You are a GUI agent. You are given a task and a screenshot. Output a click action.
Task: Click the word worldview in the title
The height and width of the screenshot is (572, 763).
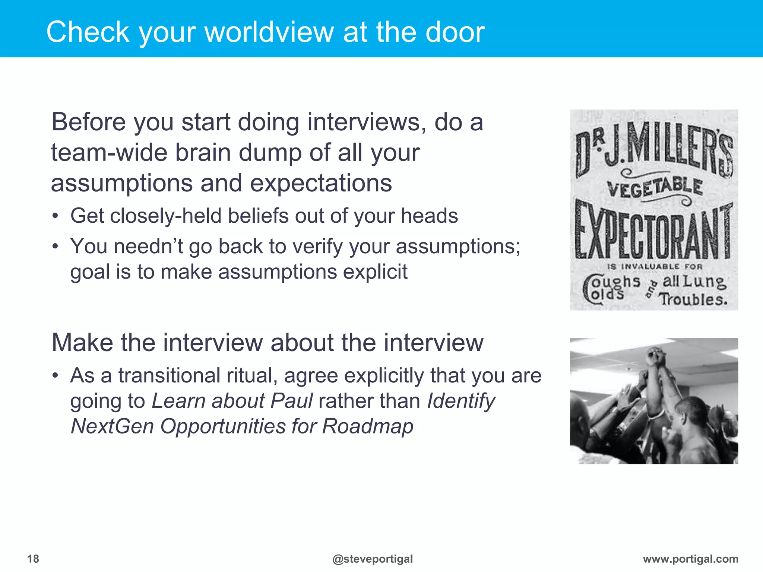point(269,32)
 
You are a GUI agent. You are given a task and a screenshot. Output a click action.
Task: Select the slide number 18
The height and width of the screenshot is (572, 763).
point(33,559)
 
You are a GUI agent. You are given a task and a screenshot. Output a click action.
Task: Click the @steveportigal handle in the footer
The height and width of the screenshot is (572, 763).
point(373,559)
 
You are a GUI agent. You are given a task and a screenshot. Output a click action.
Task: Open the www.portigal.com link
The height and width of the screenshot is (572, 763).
point(690,559)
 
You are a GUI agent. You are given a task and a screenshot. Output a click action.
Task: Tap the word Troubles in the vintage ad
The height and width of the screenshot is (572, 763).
point(693,299)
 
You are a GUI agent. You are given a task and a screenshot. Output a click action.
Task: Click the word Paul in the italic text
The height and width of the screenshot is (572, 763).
point(292,401)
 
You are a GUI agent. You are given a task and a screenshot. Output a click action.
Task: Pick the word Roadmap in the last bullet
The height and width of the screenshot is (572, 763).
point(368,426)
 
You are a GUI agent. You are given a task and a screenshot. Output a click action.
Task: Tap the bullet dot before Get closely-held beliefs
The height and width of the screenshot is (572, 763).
point(55,216)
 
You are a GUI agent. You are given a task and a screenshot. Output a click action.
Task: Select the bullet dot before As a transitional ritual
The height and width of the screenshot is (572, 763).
point(55,375)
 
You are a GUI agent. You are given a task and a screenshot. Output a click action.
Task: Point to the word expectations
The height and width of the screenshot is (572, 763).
point(321,183)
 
